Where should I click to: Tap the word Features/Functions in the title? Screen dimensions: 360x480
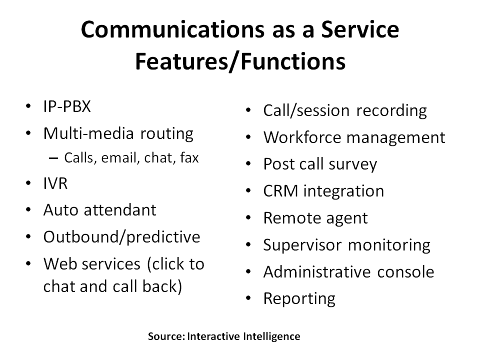(240, 61)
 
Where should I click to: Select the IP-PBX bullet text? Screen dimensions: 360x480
(67, 107)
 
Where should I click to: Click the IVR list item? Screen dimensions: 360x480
(55, 183)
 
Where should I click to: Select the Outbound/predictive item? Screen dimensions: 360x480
(121, 236)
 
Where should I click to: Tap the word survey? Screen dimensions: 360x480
(354, 164)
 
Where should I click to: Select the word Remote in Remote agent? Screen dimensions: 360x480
(290, 218)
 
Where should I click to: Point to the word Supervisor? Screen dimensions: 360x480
(303, 245)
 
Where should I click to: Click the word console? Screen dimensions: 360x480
(405, 272)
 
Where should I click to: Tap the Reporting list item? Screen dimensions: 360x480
(299, 299)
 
